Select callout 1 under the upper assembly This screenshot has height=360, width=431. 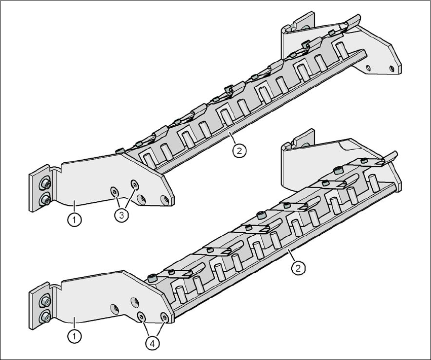(74, 221)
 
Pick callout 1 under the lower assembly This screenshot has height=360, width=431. (74, 335)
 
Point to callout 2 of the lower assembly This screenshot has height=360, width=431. (299, 267)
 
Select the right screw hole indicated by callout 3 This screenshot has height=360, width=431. (135, 184)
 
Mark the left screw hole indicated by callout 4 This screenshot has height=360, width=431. (142, 317)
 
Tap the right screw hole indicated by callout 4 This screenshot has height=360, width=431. (164, 317)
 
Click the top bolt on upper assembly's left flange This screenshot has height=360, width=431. (45, 183)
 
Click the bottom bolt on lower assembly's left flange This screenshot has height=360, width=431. (45, 317)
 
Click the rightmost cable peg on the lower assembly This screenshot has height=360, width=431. (373, 182)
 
